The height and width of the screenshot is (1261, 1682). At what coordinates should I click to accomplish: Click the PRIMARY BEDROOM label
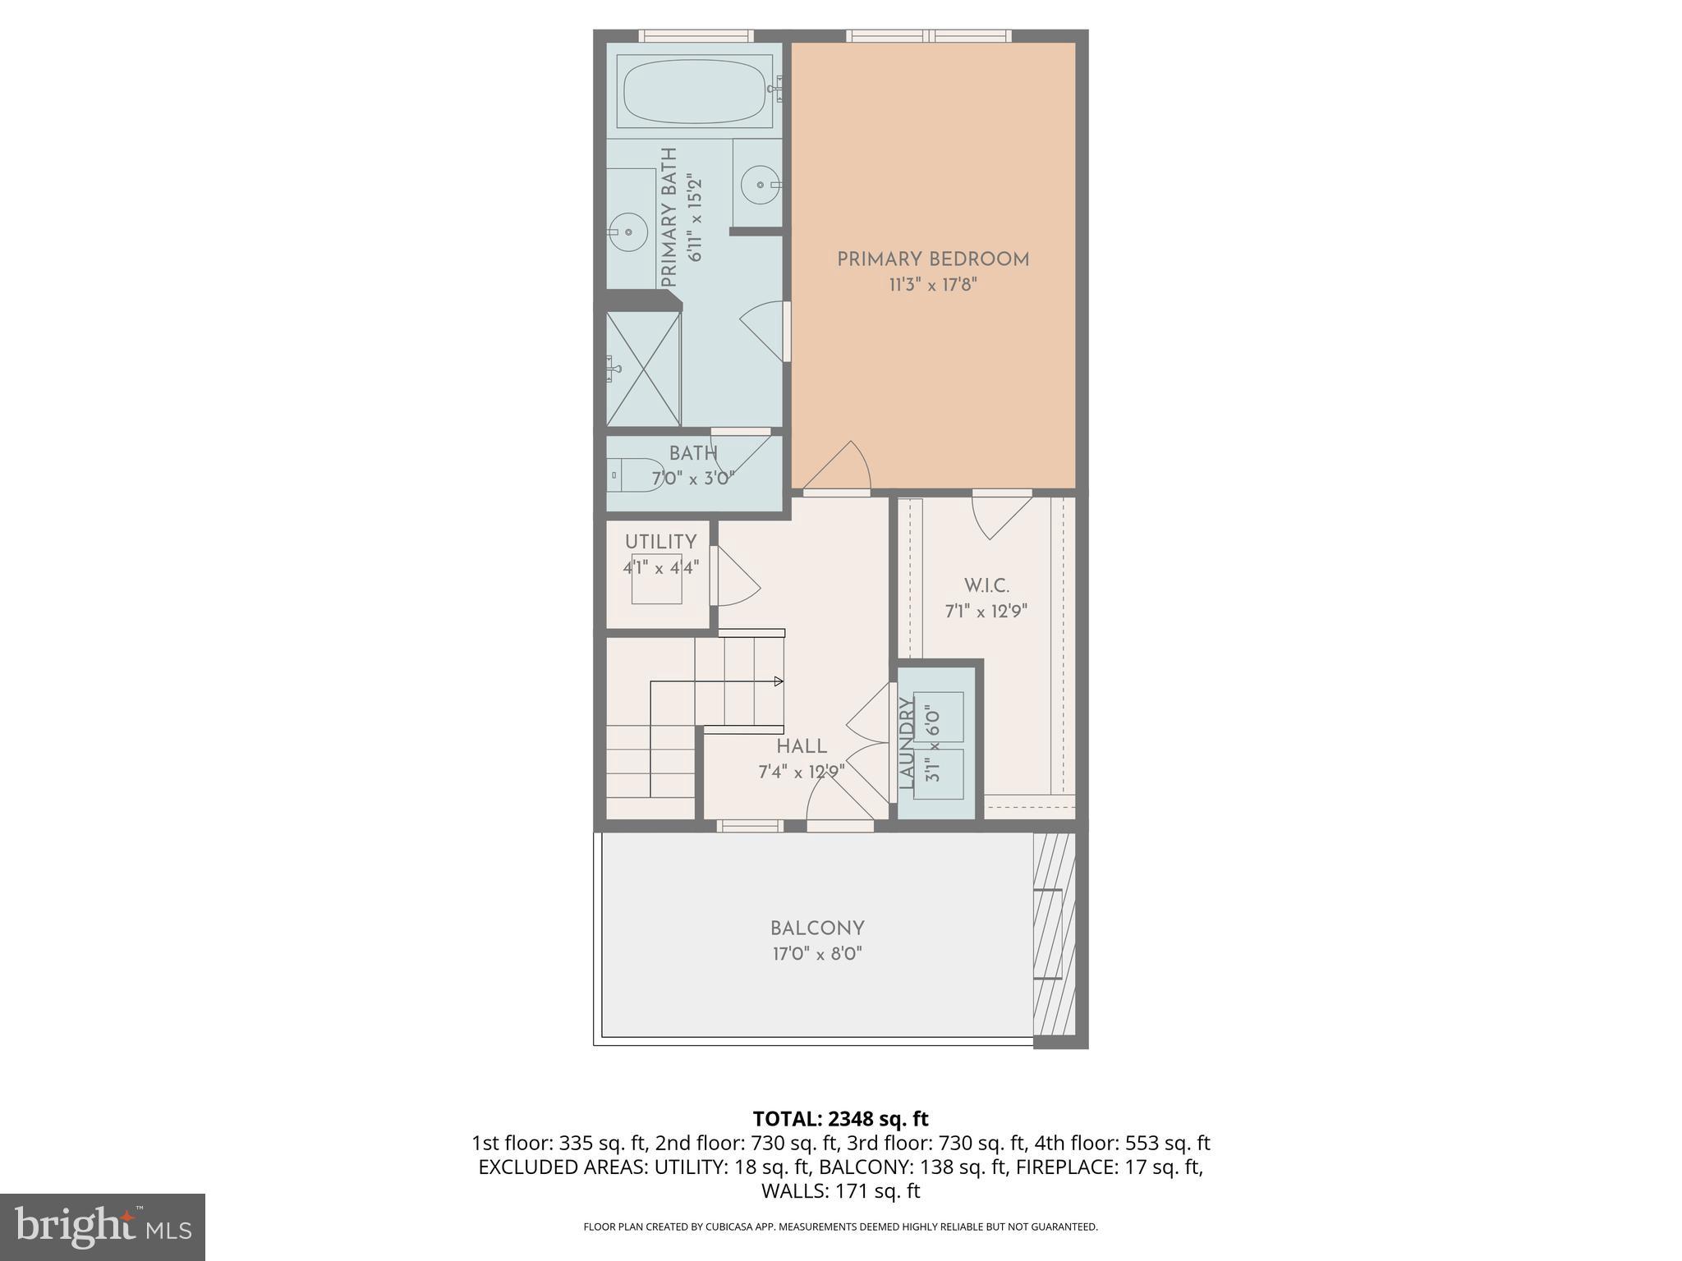coord(933,259)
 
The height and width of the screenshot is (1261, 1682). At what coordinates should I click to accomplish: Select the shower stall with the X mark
coord(644,369)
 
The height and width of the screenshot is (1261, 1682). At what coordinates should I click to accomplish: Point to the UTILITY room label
coord(660,542)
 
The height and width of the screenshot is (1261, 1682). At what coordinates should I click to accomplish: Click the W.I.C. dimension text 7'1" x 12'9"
coord(986,612)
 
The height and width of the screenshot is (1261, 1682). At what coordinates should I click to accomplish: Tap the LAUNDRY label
coord(907,743)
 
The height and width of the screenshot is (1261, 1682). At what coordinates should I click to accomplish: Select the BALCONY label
coord(817,929)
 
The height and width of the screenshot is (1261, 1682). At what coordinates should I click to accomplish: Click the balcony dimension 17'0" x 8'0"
coord(817,954)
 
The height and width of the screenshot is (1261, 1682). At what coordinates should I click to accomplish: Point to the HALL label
coord(802,746)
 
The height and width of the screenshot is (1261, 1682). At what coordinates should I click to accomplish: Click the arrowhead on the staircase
coord(779,681)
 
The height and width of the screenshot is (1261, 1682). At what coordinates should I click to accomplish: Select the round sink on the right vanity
coord(761,186)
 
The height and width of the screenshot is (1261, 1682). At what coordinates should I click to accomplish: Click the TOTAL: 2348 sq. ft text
coord(840,1118)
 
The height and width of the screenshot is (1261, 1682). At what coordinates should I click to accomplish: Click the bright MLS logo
coord(103,1227)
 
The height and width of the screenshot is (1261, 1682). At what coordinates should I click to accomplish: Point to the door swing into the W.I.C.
coord(998,517)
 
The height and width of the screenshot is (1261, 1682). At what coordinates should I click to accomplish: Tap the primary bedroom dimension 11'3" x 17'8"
coord(933,286)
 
